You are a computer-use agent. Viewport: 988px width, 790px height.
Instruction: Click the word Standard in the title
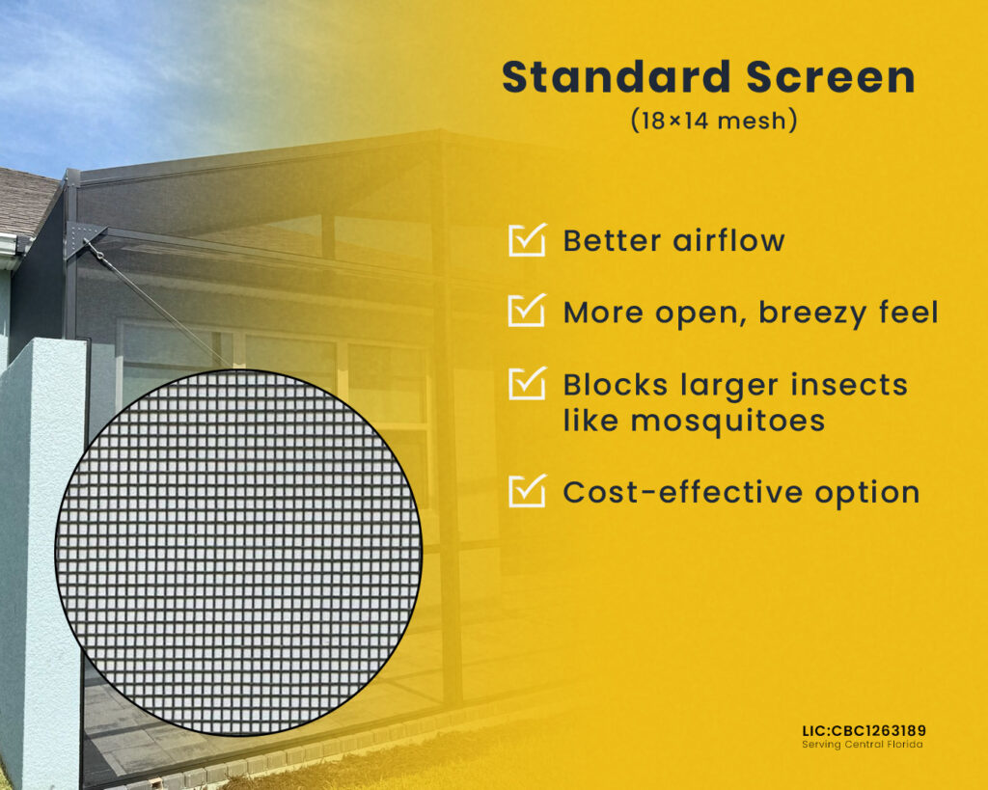pyautogui.click(x=616, y=77)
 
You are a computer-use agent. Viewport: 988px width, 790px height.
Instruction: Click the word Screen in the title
pyautogui.click(x=831, y=77)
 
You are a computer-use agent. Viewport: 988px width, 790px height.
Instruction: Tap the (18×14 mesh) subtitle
pyautogui.click(x=714, y=121)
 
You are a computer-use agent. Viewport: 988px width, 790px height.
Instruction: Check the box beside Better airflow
pyautogui.click(x=527, y=240)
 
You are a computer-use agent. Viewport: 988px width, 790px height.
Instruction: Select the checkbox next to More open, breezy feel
pyautogui.click(x=527, y=311)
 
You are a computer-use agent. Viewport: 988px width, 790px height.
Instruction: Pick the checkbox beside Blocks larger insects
pyautogui.click(x=527, y=383)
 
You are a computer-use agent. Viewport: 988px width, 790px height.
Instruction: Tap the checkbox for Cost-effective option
pyautogui.click(x=527, y=491)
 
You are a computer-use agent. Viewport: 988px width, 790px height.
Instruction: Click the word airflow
pyautogui.click(x=729, y=240)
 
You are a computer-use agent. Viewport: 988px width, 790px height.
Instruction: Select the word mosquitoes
pyautogui.click(x=727, y=422)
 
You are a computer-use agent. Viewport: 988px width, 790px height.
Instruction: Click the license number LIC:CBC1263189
pyautogui.click(x=864, y=731)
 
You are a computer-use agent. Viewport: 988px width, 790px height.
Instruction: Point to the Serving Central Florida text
pyautogui.click(x=862, y=745)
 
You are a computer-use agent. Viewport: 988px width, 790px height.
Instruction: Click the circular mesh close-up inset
pyautogui.click(x=239, y=553)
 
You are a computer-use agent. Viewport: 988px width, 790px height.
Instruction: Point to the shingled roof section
pyautogui.click(x=25, y=202)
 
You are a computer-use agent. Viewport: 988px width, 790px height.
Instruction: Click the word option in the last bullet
pyautogui.click(x=867, y=493)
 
